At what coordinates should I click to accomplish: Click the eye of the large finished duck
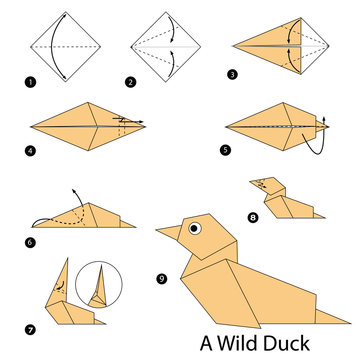(x=194, y=227)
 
